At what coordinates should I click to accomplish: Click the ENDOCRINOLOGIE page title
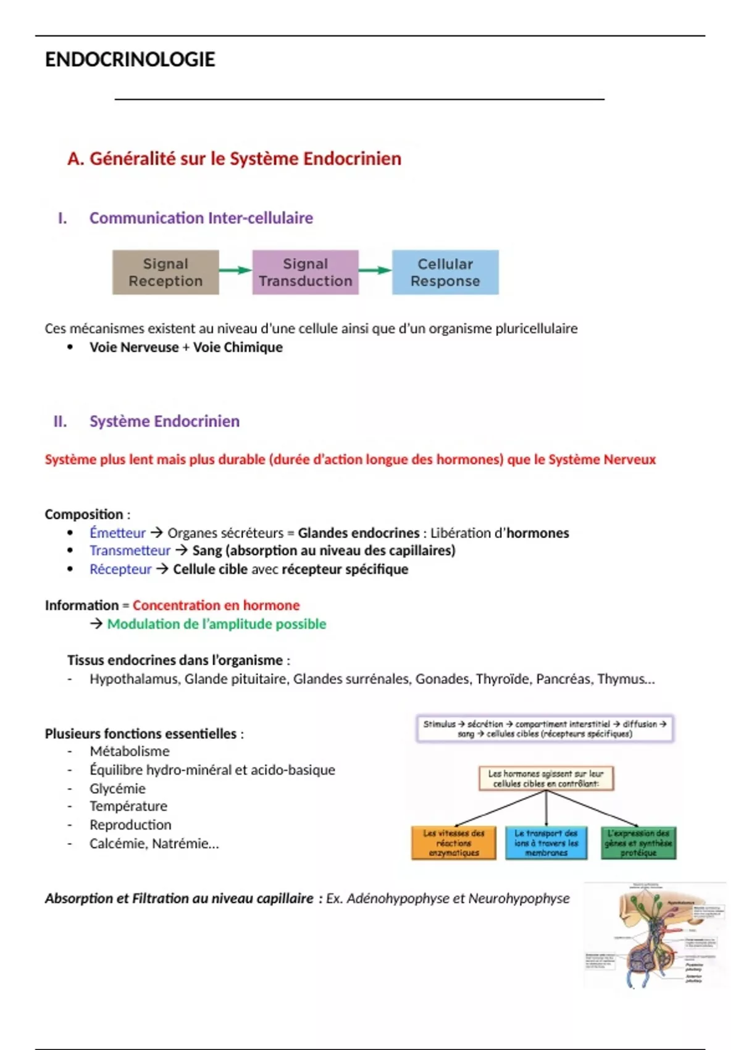[130, 59]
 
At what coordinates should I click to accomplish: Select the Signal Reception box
[165, 272]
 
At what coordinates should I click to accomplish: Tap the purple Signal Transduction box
[305, 272]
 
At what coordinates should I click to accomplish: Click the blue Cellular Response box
[445, 272]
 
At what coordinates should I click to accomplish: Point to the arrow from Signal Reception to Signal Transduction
[235, 270]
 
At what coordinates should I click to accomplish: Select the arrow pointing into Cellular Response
[375, 270]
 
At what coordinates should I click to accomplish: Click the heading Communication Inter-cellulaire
[201, 218]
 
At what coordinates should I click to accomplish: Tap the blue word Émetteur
[117, 532]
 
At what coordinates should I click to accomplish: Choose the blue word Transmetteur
[130, 550]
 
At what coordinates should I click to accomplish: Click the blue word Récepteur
[120, 569]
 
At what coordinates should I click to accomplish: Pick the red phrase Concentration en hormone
[216, 605]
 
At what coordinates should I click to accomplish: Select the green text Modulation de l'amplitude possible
[216, 624]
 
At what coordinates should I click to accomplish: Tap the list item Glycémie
[117, 788]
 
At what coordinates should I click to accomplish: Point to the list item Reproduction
[130, 825]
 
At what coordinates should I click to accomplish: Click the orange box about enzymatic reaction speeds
[454, 843]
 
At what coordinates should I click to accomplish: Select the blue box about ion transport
[546, 843]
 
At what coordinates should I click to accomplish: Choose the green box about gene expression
[638, 843]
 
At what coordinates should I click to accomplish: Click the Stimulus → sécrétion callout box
[545, 729]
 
